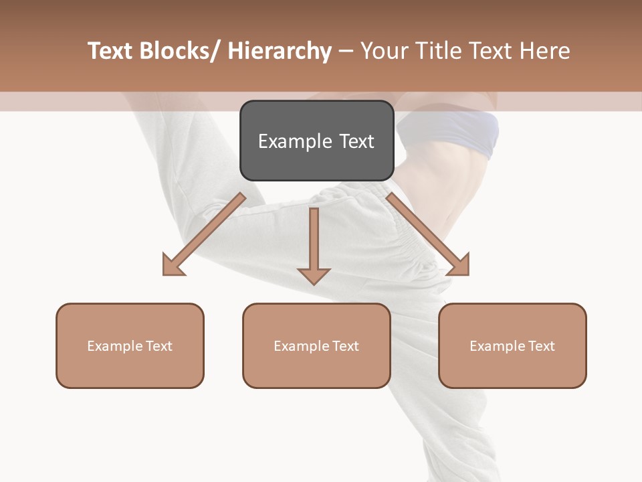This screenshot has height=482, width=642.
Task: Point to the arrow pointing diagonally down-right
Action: coord(429,235)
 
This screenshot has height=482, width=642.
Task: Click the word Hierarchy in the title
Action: coord(280,51)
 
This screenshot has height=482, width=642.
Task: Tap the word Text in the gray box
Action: coord(356,141)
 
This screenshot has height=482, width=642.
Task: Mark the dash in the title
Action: coord(346,51)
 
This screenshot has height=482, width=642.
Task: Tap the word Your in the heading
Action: coord(385,51)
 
